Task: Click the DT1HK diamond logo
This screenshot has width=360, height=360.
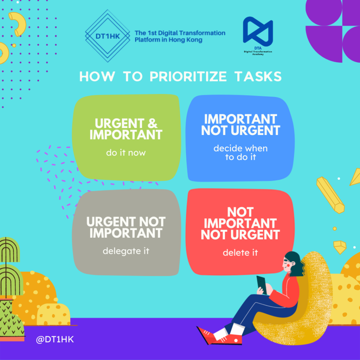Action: click(108, 36)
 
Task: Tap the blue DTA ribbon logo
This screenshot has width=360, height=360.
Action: click(258, 31)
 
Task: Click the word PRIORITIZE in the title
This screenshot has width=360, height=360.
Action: click(188, 76)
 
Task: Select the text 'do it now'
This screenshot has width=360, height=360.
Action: click(126, 153)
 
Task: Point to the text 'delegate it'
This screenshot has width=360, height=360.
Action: click(126, 251)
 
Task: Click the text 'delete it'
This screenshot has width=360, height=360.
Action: click(240, 252)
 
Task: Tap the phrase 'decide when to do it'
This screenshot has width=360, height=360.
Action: click(240, 153)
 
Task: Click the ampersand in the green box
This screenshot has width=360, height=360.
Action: click(153, 123)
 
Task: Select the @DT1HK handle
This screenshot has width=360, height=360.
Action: click(55, 339)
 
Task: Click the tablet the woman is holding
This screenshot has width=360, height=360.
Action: click(262, 285)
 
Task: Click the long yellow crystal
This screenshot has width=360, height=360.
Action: click(330, 195)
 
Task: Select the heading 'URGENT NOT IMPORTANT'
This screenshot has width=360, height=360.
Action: click(126, 227)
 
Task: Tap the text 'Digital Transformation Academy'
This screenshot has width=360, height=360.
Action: click(258, 53)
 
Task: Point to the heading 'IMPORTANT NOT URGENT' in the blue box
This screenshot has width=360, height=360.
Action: click(240, 125)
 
